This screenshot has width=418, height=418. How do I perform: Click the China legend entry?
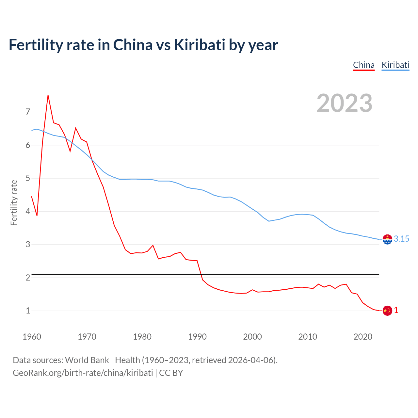tap(363, 65)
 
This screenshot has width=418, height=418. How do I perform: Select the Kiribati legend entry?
tap(395, 65)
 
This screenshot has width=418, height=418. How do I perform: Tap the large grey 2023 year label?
tap(344, 103)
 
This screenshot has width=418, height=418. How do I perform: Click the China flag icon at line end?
tap(387, 311)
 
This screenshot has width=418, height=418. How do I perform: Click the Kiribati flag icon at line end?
tap(387, 239)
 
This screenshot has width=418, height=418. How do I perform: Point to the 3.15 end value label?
tap(401, 239)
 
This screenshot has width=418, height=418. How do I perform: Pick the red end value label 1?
tap(396, 310)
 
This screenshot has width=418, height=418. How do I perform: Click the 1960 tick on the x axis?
tap(32, 337)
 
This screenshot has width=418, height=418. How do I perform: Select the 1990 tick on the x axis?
tap(197, 337)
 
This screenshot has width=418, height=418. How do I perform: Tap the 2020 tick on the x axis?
tap(363, 337)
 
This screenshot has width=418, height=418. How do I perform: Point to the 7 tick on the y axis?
tap(28, 112)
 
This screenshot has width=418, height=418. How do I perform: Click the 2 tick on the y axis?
tap(28, 278)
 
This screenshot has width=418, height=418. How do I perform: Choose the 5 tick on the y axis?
tap(28, 178)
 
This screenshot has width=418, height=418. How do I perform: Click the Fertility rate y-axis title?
tap(14, 202)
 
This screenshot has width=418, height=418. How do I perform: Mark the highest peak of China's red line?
tap(48, 95)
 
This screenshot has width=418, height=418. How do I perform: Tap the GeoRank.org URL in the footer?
tap(83, 373)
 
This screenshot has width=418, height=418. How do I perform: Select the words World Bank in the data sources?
tap(87, 360)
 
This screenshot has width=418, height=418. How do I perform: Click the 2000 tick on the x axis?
tap(252, 337)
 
